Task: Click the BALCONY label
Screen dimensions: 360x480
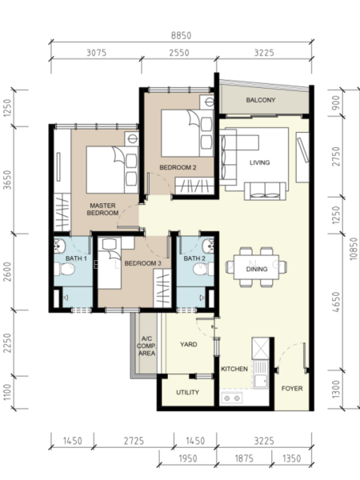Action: (261, 100)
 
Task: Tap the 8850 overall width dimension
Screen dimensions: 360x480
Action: (181, 35)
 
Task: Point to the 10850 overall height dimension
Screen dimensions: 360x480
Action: (354, 249)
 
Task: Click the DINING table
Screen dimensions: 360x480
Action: (257, 267)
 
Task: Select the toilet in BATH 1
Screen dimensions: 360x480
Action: (64, 270)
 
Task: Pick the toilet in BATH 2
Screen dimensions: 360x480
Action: (202, 270)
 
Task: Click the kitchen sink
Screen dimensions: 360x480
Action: (261, 374)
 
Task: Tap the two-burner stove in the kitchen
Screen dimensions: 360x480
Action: (232, 398)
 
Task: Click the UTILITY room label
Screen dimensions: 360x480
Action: (188, 393)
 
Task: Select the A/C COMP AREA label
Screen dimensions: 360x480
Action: (146, 346)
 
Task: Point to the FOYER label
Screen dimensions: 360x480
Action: (292, 389)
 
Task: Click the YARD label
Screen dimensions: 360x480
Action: (189, 344)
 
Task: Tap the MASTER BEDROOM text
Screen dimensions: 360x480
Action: (102, 209)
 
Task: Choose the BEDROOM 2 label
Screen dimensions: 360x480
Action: (178, 167)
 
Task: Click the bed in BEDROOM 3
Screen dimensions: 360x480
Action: (110, 264)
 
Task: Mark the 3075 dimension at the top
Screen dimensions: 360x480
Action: (96, 53)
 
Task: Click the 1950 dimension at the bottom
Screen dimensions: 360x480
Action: (188, 458)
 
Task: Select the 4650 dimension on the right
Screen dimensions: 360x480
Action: (336, 302)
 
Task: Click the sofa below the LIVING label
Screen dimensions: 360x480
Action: (265, 191)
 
